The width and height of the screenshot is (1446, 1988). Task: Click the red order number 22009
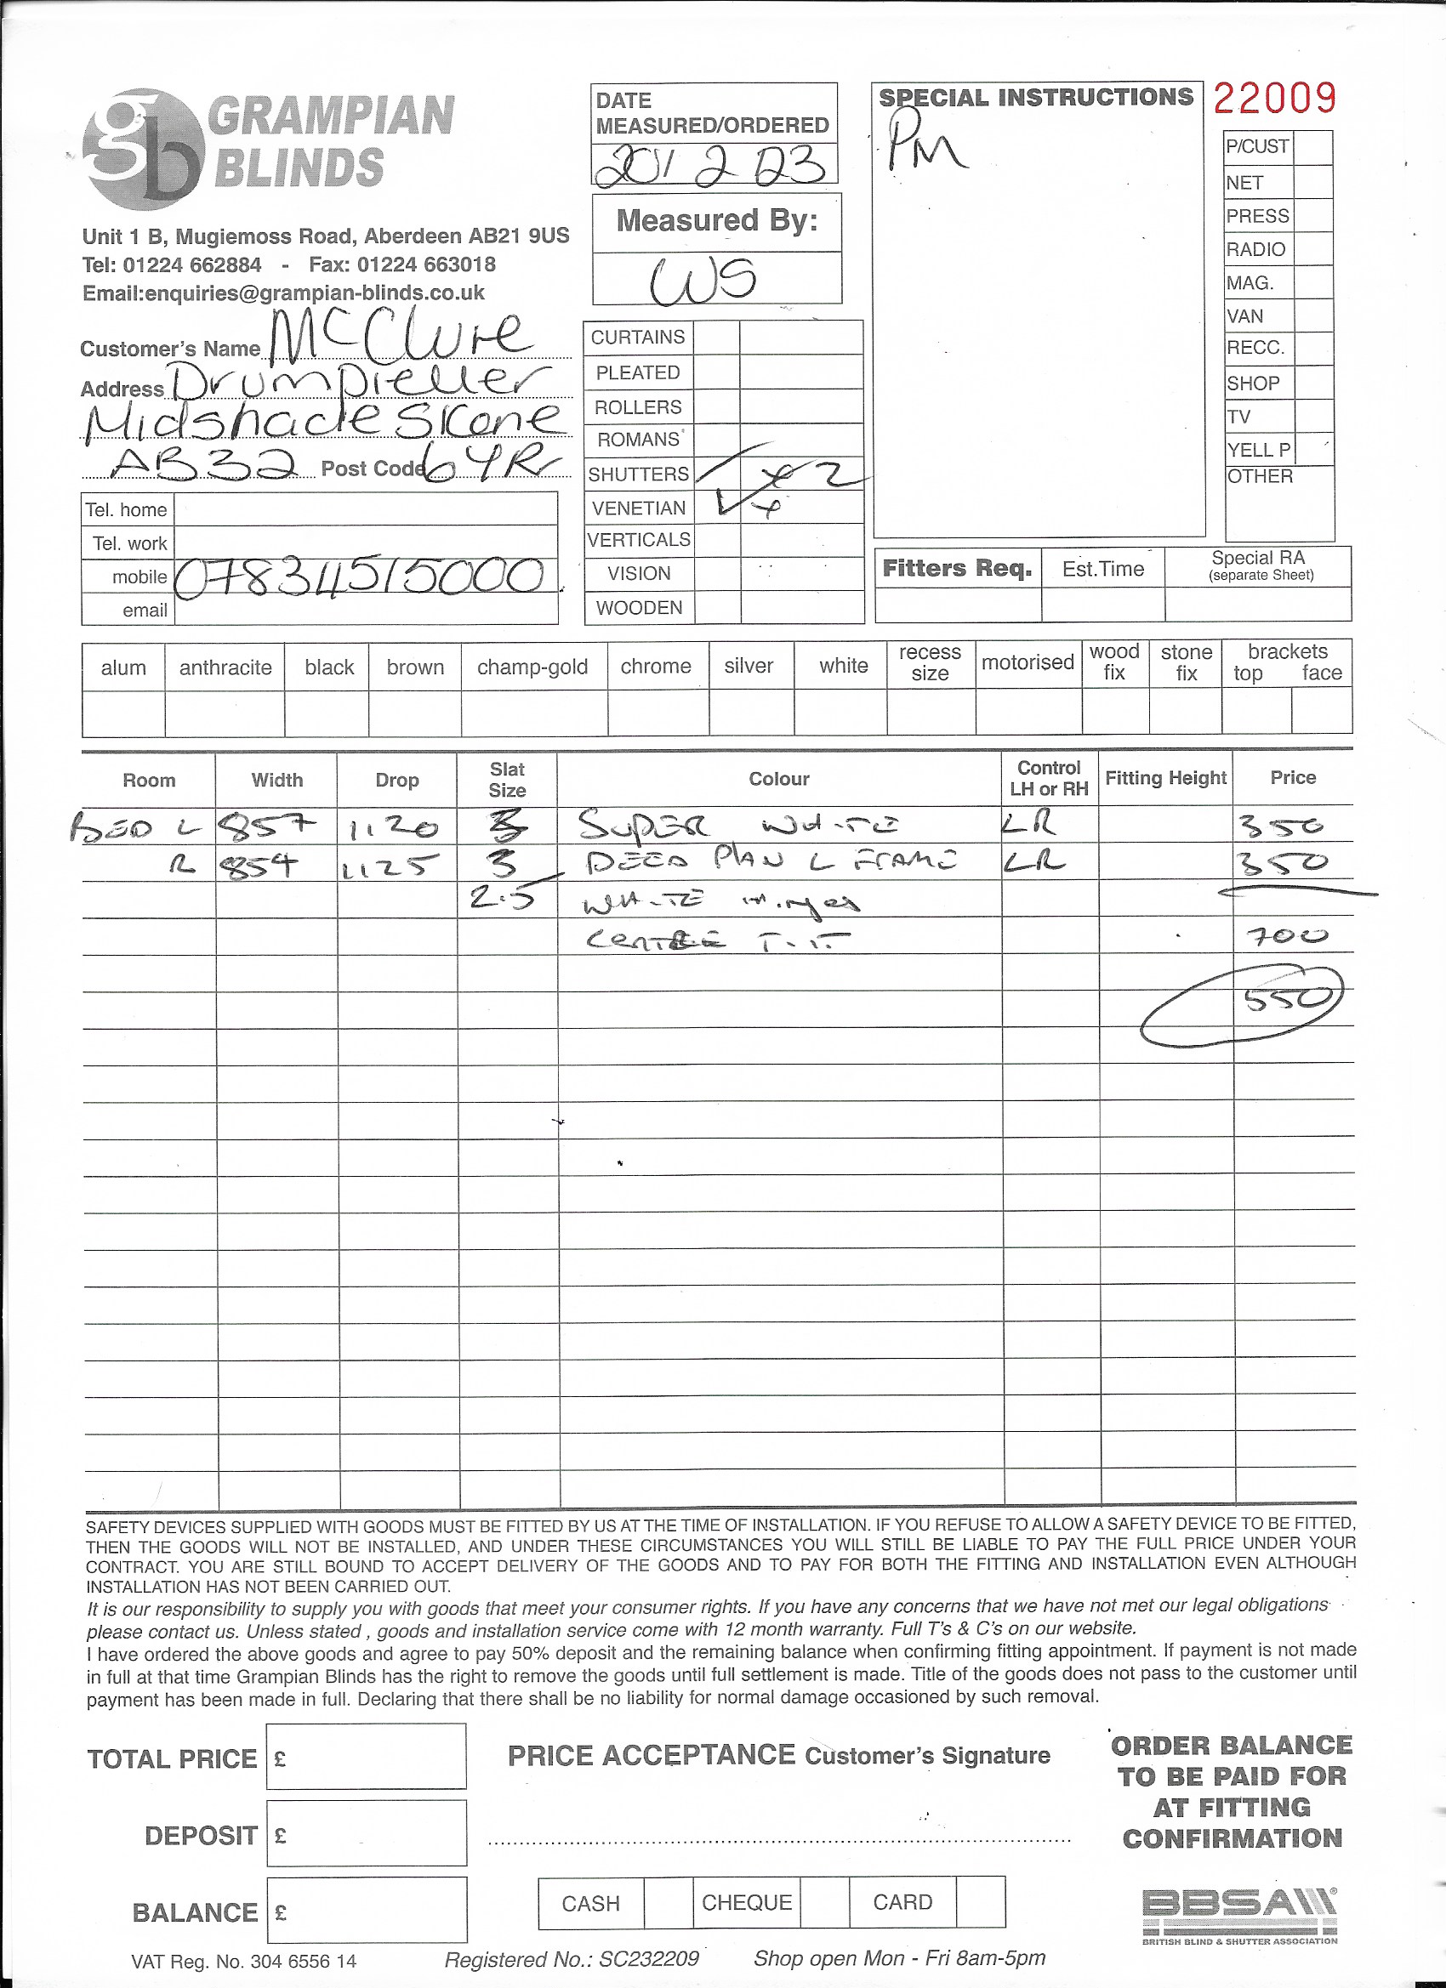click(1274, 98)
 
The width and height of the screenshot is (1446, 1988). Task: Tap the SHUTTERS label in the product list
click(639, 474)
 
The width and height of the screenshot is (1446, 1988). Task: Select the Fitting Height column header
click(1165, 777)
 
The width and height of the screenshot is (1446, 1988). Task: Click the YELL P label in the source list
click(1258, 450)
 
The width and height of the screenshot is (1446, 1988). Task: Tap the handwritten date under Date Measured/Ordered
click(711, 165)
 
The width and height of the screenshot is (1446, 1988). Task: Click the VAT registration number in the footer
click(244, 1962)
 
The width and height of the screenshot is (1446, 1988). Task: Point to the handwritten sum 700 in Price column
click(1286, 936)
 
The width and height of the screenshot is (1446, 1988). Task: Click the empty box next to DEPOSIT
click(366, 1835)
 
